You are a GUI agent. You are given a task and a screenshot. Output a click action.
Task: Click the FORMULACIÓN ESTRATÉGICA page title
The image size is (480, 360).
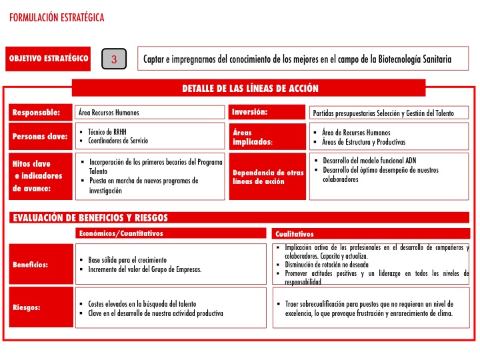point(57,18)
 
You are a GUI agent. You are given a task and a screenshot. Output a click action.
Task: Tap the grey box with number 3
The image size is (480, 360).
point(114,59)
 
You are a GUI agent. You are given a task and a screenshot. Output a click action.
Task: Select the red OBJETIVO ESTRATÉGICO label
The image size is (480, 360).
point(49,59)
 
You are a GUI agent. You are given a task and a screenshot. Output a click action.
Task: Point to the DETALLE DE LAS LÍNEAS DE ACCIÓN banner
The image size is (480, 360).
point(250,88)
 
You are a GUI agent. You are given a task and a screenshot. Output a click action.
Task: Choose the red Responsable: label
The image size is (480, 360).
point(37,113)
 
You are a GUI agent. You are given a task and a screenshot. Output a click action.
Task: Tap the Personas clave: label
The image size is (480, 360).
point(40,137)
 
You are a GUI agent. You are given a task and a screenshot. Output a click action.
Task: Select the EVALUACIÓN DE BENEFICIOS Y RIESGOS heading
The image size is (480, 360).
point(90,218)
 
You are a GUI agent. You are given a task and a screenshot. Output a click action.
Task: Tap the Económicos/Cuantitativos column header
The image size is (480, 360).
point(121,233)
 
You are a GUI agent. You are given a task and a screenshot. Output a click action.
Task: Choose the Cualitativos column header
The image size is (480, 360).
point(295,234)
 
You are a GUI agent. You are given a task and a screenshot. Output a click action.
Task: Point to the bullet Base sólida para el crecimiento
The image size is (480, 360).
point(128,259)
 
